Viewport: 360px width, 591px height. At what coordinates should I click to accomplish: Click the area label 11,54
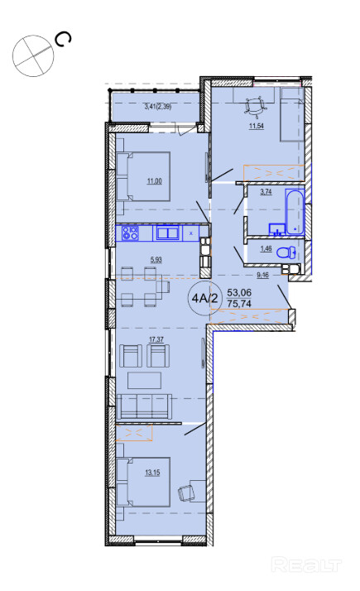pyautogui.click(x=256, y=127)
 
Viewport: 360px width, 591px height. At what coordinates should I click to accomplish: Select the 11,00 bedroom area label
pyautogui.click(x=154, y=181)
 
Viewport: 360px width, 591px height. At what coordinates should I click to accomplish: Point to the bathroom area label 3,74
pyautogui.click(x=266, y=191)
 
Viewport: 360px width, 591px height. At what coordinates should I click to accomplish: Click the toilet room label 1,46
pyautogui.click(x=266, y=249)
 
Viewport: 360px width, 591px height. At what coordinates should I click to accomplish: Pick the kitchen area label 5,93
pyautogui.click(x=156, y=259)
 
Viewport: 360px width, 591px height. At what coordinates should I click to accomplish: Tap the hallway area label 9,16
pyautogui.click(x=262, y=275)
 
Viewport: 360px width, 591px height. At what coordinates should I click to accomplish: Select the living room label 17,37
pyautogui.click(x=156, y=339)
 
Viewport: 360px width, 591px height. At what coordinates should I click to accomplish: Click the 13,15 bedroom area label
pyautogui.click(x=152, y=473)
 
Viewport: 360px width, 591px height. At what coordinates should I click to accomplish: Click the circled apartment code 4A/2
pyautogui.click(x=204, y=299)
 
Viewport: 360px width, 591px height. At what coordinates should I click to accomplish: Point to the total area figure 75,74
pyautogui.click(x=239, y=304)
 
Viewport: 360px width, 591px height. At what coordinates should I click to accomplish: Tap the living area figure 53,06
pyautogui.click(x=239, y=293)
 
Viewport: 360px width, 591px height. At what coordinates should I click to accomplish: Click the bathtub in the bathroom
pyautogui.click(x=295, y=212)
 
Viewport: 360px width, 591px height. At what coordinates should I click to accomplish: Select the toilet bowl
pyautogui.click(x=286, y=252)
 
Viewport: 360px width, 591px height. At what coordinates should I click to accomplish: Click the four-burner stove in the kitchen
pyautogui.click(x=130, y=233)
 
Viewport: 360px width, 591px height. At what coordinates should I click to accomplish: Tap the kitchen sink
pyautogui.click(x=167, y=233)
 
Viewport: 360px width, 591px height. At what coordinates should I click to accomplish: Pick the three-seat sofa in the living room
pyautogui.click(x=144, y=406)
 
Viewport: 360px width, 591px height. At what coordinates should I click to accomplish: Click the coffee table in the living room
pyautogui.click(x=144, y=380)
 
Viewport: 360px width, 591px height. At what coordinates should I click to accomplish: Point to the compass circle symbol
pyautogui.click(x=33, y=56)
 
